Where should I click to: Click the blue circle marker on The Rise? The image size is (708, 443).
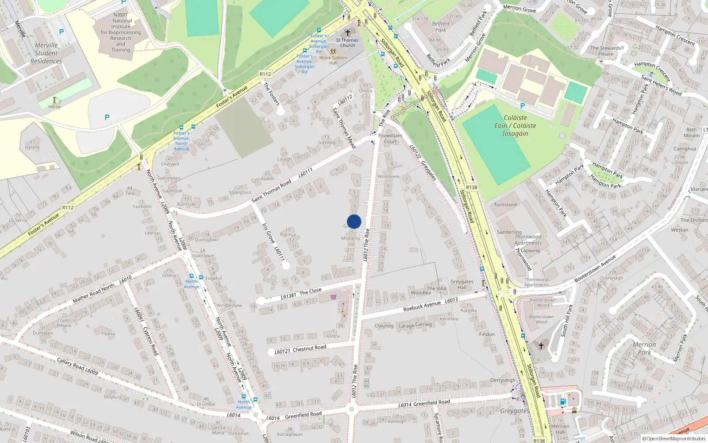[354, 221]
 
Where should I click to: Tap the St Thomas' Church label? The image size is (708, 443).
[347, 43]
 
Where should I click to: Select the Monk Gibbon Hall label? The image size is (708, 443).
[333, 60]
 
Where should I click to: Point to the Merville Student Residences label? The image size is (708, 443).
[46, 53]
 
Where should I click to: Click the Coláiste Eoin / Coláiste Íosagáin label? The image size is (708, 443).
[515, 125]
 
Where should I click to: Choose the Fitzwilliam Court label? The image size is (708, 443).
[390, 139]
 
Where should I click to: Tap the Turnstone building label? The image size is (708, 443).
[505, 205]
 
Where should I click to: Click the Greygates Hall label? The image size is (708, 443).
[462, 284]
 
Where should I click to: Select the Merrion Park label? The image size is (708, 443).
[644, 348]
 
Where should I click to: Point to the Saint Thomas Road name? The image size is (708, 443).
[271, 191]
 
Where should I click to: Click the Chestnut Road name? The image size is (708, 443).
[309, 348]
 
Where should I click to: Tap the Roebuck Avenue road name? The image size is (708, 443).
[422, 305]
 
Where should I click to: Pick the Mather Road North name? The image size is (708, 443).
[93, 293]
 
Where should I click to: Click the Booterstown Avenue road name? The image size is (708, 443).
[595, 268]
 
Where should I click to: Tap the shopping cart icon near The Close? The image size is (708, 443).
[333, 297]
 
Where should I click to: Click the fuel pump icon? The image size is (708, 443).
[563, 401]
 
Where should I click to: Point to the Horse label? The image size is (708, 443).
[54, 107]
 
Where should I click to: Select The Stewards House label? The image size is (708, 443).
[606, 51]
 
